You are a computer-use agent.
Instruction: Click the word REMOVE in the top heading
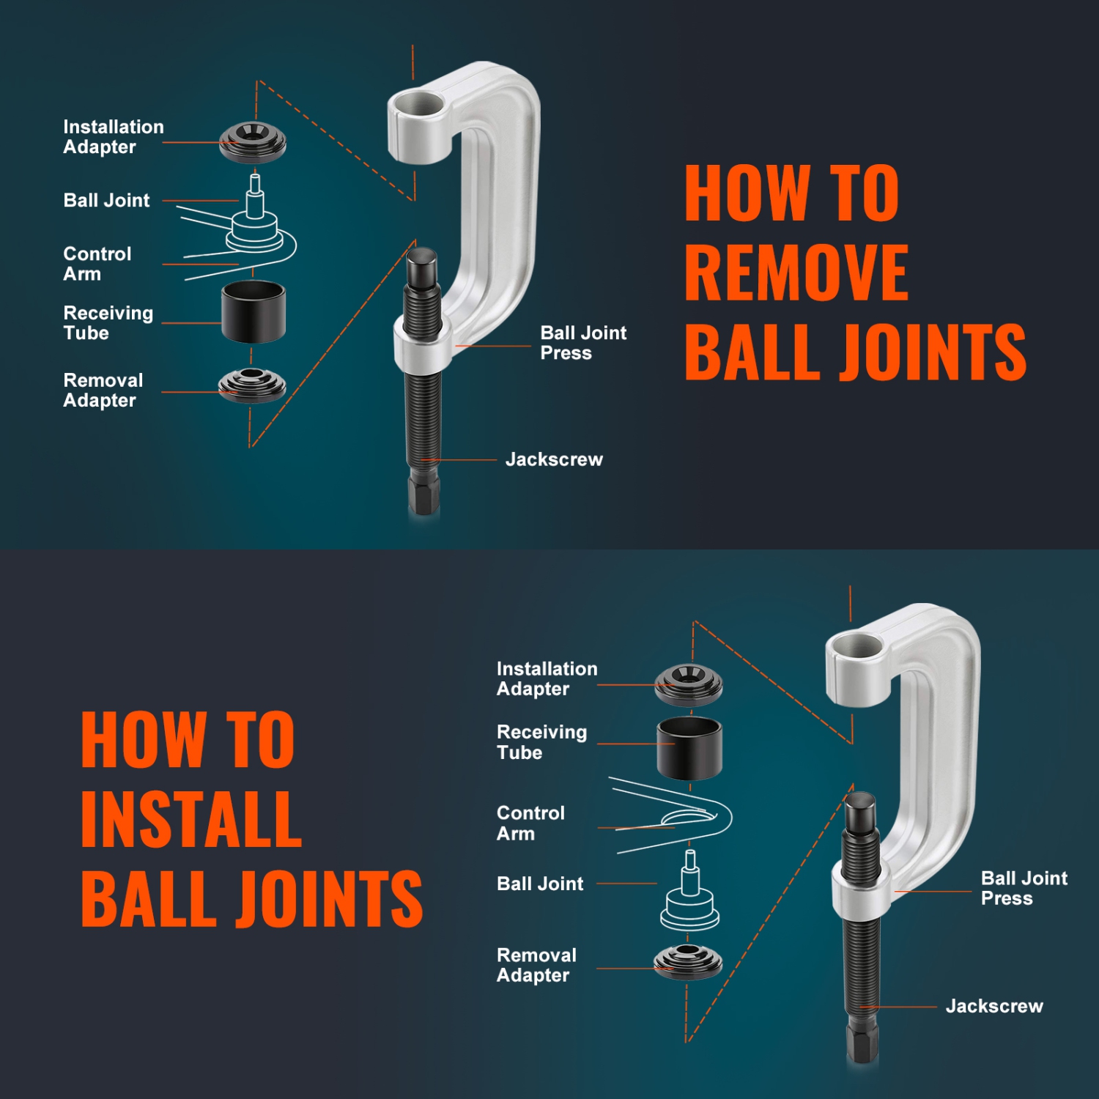click(x=796, y=273)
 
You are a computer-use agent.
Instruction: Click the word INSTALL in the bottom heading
click(x=191, y=819)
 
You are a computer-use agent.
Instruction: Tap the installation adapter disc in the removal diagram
click(x=253, y=141)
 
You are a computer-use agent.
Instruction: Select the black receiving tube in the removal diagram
click(x=254, y=311)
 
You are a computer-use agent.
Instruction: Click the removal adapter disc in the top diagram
click(x=252, y=385)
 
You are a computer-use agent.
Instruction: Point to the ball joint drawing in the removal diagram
click(x=254, y=220)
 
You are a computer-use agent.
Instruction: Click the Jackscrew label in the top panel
click(x=554, y=459)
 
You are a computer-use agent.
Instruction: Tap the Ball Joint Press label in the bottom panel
click(x=1024, y=888)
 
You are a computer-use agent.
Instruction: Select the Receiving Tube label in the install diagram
click(x=541, y=742)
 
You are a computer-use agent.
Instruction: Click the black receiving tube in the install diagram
click(x=689, y=747)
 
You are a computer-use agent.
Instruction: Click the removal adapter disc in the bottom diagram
click(x=688, y=961)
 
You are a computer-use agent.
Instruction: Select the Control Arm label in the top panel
click(x=97, y=264)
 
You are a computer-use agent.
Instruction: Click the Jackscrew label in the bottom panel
click(x=993, y=1006)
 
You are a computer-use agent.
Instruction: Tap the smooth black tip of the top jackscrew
click(x=422, y=267)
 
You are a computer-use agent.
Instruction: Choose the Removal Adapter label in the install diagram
click(x=536, y=965)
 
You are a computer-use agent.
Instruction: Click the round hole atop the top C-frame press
click(x=418, y=104)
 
